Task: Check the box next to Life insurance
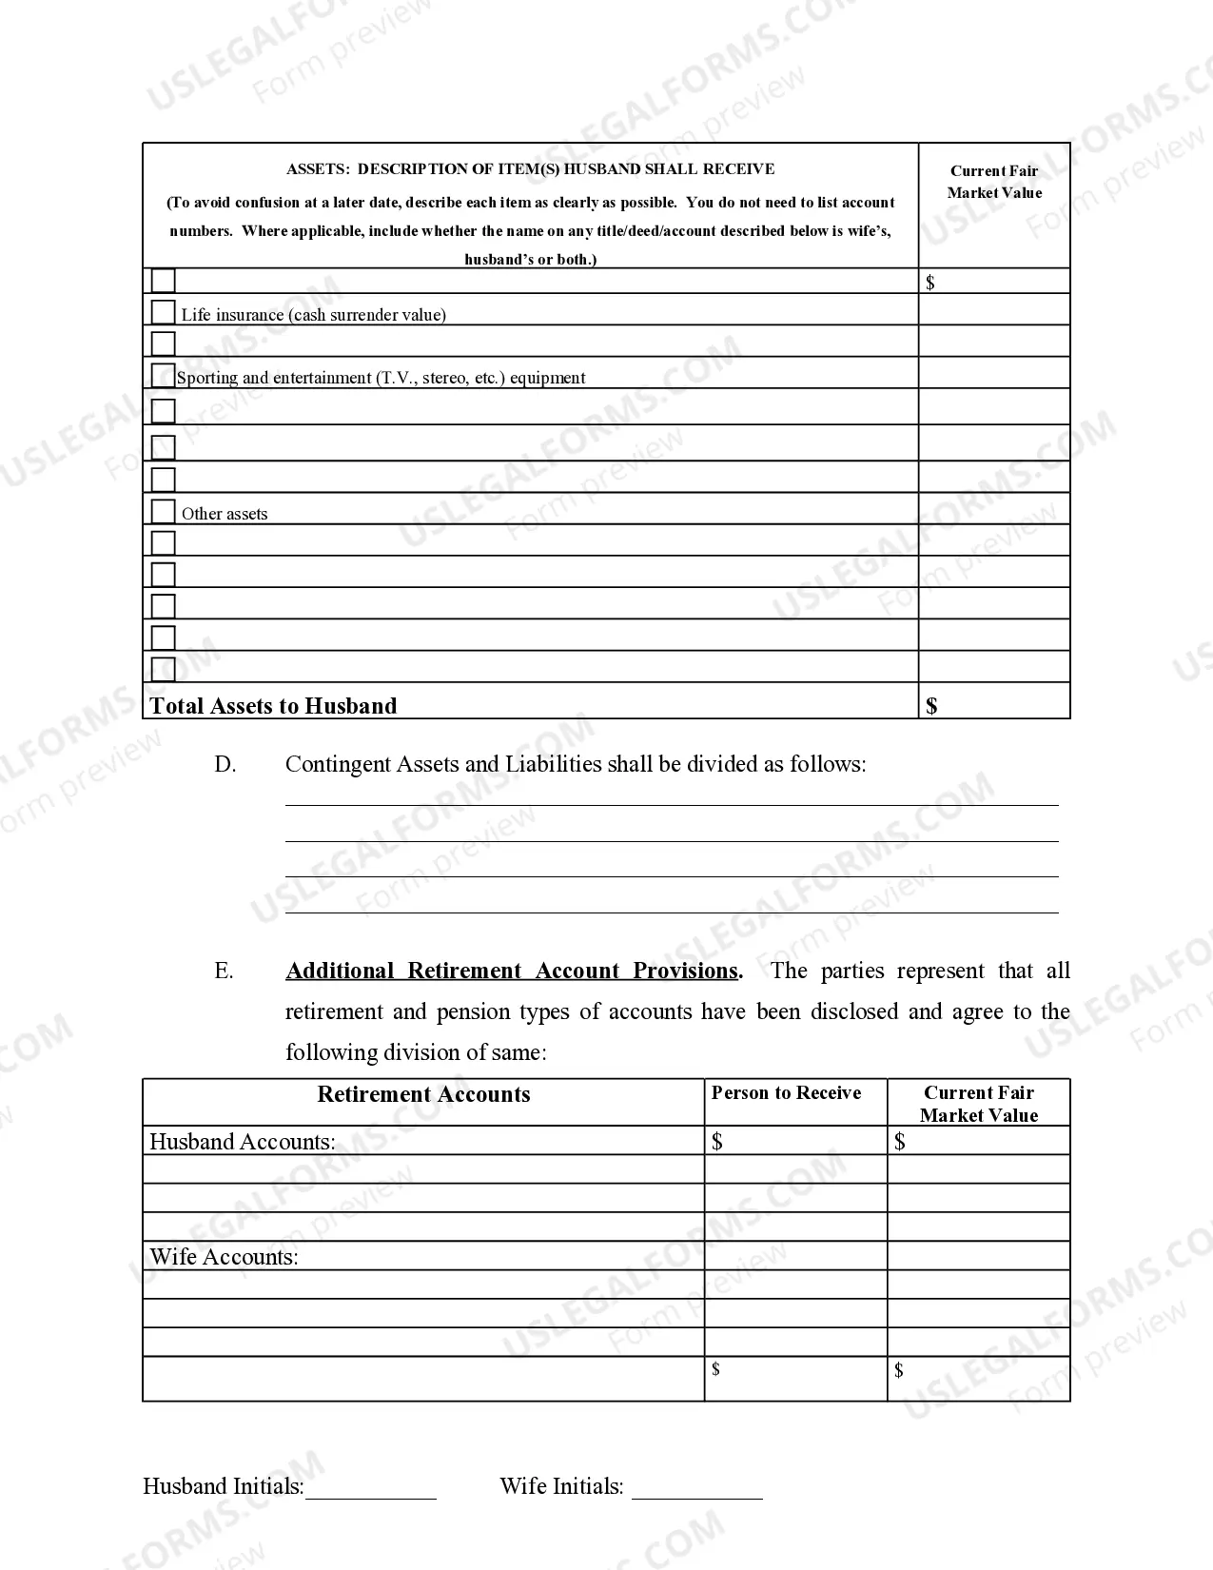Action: [x=164, y=312]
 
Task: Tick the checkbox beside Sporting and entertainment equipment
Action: [x=164, y=375]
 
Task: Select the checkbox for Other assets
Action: [x=164, y=511]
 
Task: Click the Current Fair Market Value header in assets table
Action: [x=994, y=182]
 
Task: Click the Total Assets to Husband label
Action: [x=273, y=706]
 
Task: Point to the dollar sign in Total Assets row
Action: [x=931, y=706]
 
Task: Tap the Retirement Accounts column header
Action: [x=423, y=1094]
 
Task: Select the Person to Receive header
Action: [x=786, y=1093]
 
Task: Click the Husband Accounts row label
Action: [x=243, y=1142]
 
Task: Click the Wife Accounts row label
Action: [x=224, y=1257]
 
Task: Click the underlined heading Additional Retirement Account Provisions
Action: [x=512, y=971]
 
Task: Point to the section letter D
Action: [x=225, y=765]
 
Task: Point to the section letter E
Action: [x=224, y=971]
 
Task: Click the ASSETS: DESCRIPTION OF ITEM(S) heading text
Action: [x=530, y=169]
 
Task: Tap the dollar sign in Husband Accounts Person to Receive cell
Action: [x=717, y=1142]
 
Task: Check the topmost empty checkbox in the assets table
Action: [x=164, y=281]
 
